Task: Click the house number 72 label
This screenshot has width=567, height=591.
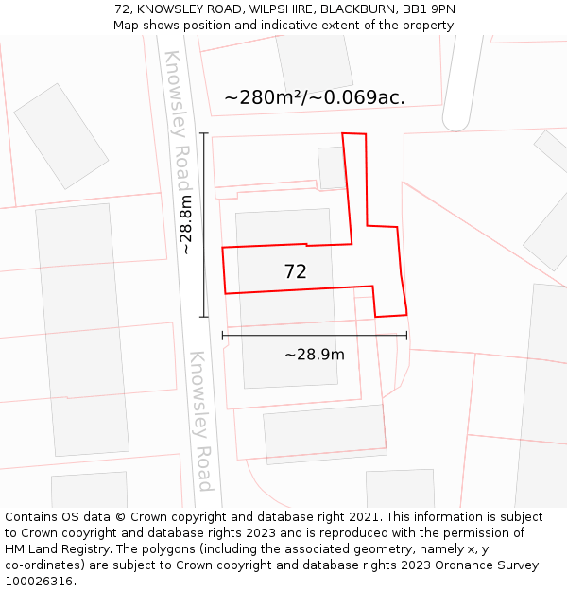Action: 295,272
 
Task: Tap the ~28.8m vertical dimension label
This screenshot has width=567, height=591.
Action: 186,224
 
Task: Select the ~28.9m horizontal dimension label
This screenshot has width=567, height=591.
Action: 315,355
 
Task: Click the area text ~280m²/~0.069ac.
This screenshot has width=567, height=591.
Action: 315,97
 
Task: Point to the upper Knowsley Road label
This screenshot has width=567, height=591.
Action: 177,120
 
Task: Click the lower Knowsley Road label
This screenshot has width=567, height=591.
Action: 200,422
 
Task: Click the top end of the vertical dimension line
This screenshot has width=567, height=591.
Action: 204,133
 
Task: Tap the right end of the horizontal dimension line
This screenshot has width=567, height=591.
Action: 407,335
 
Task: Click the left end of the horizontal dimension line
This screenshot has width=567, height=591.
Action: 222,335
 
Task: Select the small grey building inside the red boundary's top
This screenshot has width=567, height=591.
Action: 332,167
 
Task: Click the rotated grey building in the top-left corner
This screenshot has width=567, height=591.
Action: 61,135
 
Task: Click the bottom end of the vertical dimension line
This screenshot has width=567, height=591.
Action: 204,317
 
